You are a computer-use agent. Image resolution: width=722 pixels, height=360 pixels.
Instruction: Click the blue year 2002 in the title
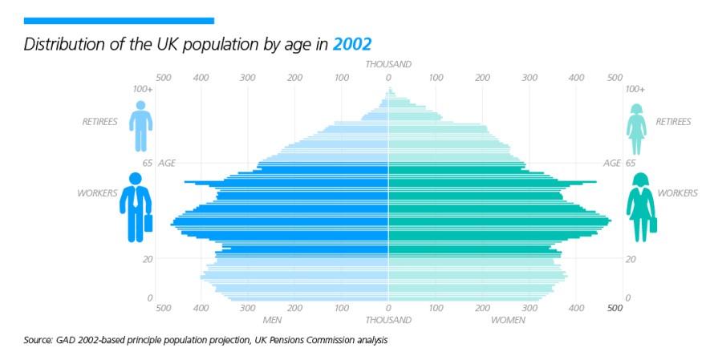[x=352, y=43]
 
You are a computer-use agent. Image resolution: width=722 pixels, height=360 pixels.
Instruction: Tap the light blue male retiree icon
[x=140, y=126]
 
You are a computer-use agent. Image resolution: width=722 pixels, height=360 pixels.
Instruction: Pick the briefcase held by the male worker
[x=148, y=223]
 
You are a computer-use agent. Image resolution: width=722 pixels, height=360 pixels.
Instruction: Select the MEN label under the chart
[x=273, y=320]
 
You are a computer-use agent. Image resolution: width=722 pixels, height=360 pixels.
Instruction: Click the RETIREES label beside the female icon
[x=673, y=122]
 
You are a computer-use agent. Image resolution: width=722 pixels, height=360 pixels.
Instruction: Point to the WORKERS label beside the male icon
[x=97, y=193]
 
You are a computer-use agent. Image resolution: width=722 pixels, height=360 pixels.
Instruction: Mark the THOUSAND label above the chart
[x=388, y=64]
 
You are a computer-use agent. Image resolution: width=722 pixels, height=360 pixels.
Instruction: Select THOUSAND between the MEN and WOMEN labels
[x=388, y=320]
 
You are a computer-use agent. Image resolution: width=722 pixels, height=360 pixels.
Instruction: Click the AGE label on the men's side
[x=167, y=163]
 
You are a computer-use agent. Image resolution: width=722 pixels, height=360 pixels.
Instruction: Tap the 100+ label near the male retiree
[x=143, y=89]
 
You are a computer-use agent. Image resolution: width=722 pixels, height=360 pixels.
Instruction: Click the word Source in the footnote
[x=38, y=341]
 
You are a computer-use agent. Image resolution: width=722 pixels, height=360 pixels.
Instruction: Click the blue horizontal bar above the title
[x=119, y=20]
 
